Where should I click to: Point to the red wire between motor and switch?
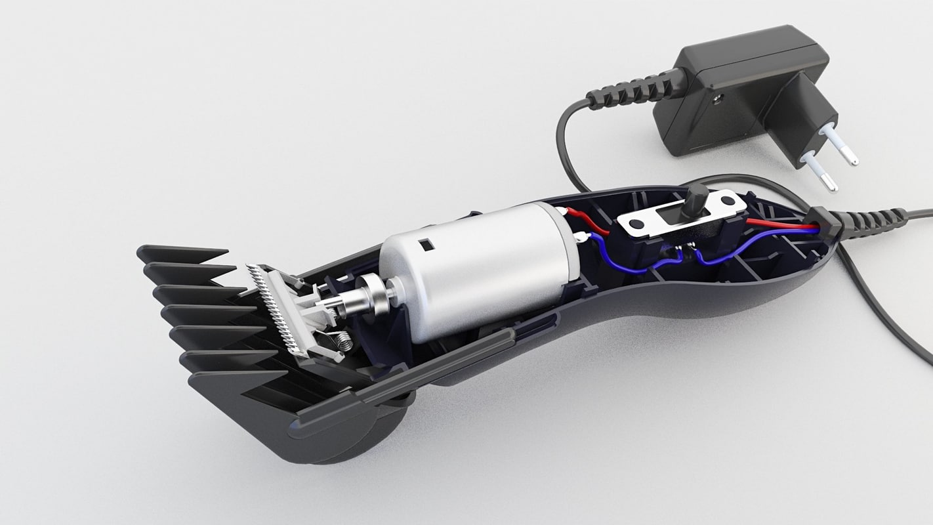point(589,220)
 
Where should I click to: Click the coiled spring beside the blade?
point(341,341)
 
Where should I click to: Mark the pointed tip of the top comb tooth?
point(223,251)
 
